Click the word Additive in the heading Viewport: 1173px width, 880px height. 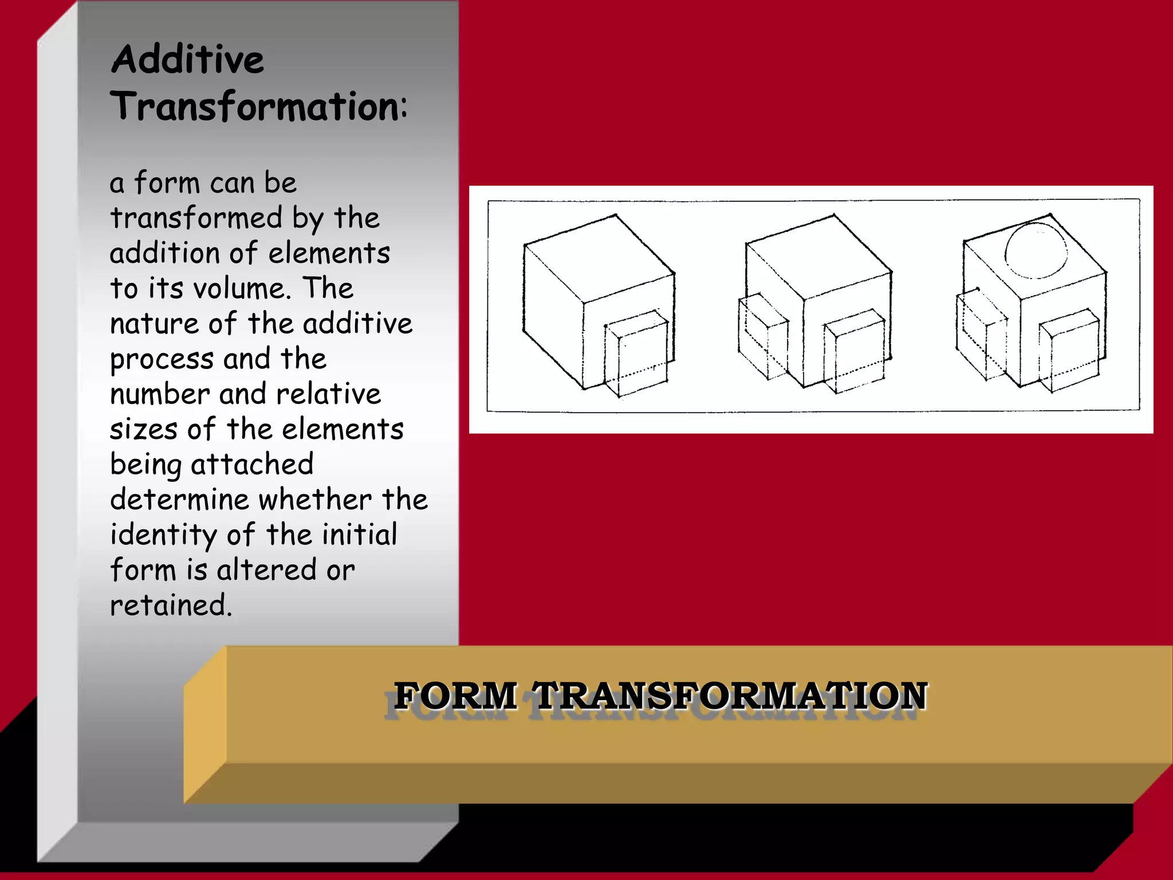point(188,60)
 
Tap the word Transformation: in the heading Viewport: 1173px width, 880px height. point(259,107)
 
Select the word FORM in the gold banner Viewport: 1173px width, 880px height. point(455,696)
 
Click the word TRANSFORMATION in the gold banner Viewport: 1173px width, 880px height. point(730,696)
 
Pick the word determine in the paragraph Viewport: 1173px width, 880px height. point(179,500)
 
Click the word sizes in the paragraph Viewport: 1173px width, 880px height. point(143,429)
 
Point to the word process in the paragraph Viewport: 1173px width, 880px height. point(162,360)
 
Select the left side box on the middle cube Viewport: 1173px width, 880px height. point(762,338)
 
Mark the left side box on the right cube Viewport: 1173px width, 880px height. point(981,335)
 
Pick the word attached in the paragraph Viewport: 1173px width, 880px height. point(252,464)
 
